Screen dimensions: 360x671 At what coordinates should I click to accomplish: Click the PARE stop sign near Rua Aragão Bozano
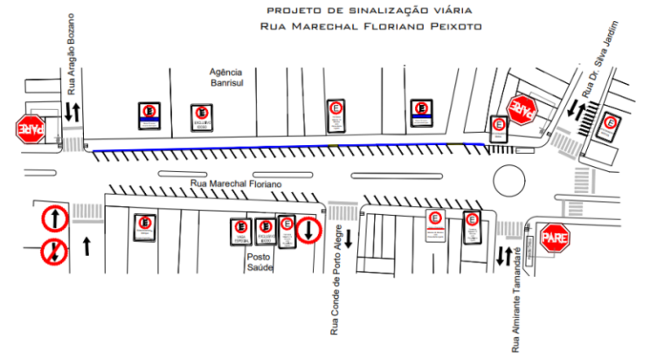(30, 129)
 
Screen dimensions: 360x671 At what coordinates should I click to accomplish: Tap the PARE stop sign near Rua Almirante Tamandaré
(556, 237)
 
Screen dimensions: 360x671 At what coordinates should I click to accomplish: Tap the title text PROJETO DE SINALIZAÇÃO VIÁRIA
(370, 10)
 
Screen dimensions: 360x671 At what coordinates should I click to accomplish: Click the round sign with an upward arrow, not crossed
(54, 218)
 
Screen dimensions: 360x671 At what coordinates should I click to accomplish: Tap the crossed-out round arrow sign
(54, 252)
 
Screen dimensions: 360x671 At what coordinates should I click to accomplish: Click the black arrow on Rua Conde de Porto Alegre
(348, 238)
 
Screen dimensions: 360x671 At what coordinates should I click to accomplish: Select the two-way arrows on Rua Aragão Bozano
(73, 112)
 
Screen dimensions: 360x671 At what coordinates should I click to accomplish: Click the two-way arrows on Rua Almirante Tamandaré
(504, 256)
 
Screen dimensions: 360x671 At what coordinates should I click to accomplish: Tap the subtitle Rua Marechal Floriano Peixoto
(370, 26)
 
